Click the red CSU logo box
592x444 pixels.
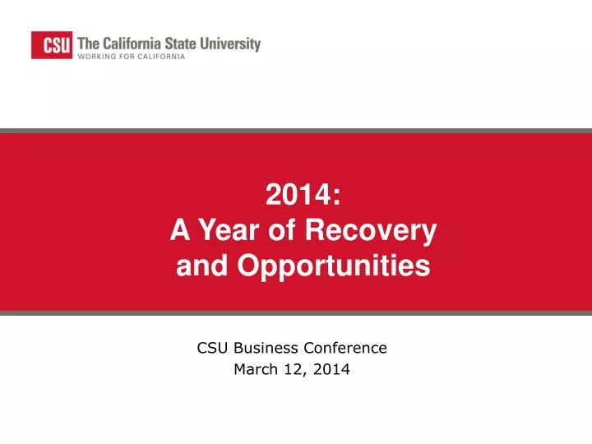(51, 44)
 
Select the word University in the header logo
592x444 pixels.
(233, 44)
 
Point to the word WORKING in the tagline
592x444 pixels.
(97, 58)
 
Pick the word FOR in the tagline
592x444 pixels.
(127, 58)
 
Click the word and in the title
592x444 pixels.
(197, 266)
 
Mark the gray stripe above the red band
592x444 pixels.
(296, 130)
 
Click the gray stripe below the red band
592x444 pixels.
(296, 312)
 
